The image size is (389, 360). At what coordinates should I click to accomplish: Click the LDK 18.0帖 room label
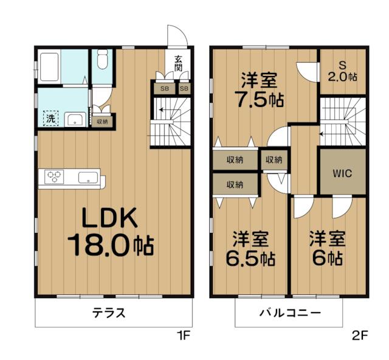tap(111, 232)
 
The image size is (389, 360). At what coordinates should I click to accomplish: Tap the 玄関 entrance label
tap(178, 64)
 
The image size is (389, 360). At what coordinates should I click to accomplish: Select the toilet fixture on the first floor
tap(102, 60)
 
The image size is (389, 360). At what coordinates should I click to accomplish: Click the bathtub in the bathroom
tap(49, 66)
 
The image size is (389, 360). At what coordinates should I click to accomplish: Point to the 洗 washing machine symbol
tap(51, 119)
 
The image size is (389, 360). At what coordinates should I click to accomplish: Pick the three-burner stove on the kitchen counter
tap(54, 177)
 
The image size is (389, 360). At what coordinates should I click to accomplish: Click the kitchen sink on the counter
tap(88, 178)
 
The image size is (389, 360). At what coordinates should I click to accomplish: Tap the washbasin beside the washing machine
tap(75, 120)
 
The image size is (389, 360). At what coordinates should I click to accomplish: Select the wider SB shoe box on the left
tap(165, 89)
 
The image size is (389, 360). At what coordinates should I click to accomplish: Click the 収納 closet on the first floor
tap(102, 122)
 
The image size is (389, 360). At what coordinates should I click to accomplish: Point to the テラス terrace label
tap(109, 313)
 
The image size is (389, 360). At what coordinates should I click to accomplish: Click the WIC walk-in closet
tap(342, 173)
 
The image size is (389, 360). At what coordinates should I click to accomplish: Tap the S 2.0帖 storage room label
tap(343, 72)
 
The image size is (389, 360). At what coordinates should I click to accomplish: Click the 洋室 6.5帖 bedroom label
tap(250, 249)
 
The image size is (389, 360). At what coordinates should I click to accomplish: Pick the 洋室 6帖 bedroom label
tap(328, 249)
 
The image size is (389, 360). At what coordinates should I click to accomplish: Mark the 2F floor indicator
tap(360, 336)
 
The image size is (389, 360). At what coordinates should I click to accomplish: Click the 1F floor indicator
tap(183, 336)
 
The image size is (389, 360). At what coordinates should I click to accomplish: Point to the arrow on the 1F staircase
tap(162, 109)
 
